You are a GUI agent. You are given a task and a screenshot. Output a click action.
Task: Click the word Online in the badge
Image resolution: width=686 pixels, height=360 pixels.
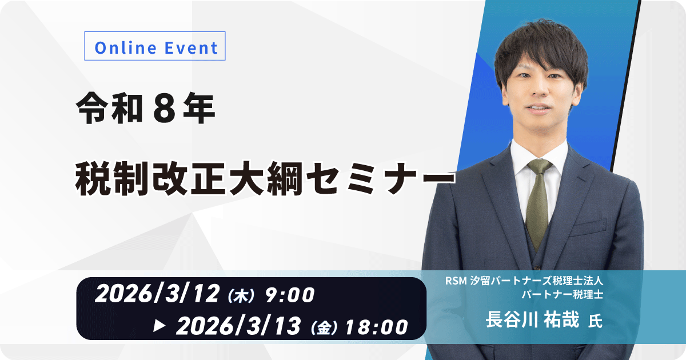[x=126, y=48]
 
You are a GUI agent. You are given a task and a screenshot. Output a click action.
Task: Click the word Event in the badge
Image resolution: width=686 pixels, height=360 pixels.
[x=191, y=48]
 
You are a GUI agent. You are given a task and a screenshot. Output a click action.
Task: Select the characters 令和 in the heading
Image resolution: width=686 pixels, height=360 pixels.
[x=109, y=109]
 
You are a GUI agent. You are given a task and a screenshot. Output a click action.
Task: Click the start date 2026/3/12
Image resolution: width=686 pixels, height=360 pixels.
[x=157, y=293]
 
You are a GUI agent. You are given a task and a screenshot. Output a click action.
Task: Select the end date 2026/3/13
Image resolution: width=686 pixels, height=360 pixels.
[x=238, y=326]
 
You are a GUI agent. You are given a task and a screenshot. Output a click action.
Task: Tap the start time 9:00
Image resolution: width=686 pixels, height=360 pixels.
[x=290, y=295]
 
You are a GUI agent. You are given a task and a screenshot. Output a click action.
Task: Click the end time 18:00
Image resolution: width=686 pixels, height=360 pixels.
[x=376, y=327]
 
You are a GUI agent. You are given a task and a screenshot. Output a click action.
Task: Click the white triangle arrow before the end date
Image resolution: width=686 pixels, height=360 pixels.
[x=159, y=326]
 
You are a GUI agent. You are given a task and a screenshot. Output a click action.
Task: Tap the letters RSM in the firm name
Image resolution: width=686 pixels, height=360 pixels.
[x=456, y=281]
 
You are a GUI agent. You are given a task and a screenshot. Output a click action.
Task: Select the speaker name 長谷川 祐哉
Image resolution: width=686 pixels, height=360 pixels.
[x=533, y=319]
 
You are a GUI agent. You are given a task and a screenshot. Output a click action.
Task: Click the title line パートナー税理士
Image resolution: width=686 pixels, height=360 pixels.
[x=563, y=294]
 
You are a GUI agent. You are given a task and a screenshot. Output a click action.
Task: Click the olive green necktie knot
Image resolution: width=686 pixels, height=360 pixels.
[x=540, y=167]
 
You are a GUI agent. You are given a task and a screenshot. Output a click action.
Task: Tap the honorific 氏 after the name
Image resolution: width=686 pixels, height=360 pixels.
[x=595, y=321]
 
